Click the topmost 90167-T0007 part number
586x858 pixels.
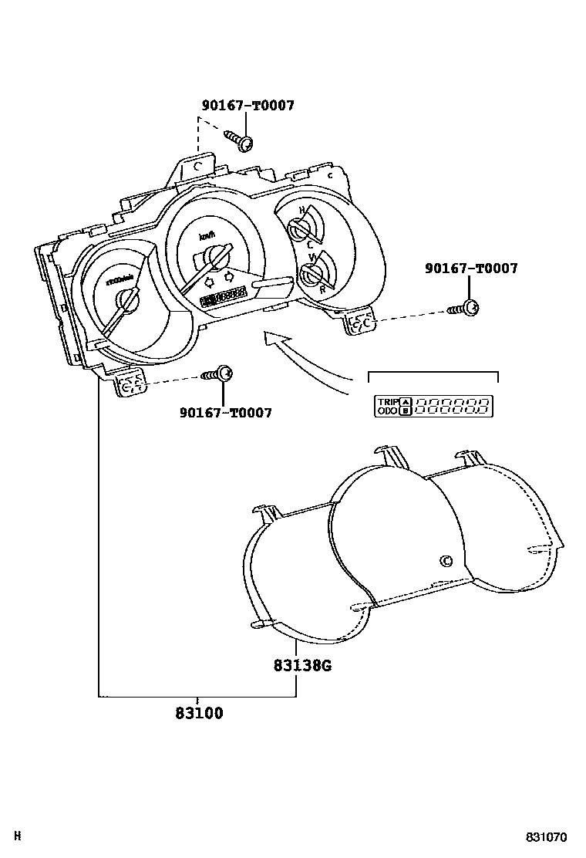(248, 106)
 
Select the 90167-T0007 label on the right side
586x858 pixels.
(471, 269)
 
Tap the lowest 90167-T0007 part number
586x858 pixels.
(225, 413)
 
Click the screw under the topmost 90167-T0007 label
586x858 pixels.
(240, 140)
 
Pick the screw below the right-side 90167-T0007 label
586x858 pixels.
(465, 309)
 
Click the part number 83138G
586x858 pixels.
(301, 665)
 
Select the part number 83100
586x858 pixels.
(199, 714)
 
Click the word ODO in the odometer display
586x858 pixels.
(387, 411)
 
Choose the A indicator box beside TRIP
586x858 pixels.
(405, 401)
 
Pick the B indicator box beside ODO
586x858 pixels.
(405, 411)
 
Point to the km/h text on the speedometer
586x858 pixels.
(206, 236)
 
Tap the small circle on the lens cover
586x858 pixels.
(444, 561)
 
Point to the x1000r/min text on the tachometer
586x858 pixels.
(120, 281)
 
